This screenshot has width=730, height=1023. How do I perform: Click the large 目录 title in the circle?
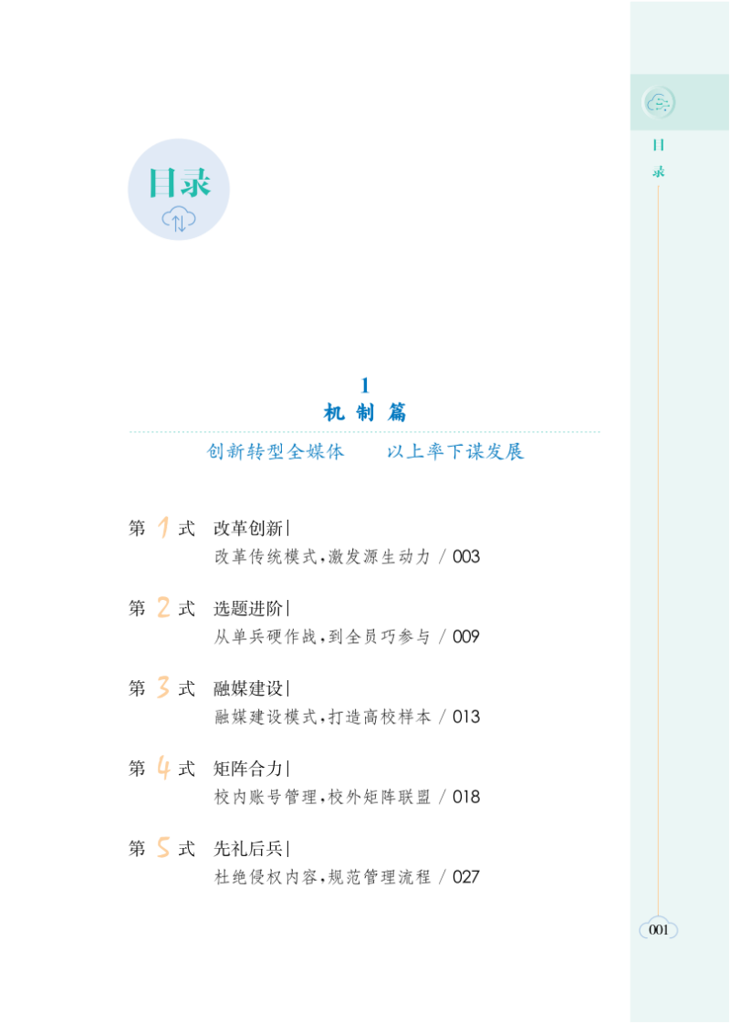[x=179, y=182]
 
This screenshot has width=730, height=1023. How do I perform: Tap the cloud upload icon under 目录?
[x=179, y=219]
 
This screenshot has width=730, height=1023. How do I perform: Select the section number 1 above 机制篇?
[x=365, y=386]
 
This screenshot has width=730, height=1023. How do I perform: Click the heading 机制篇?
[x=365, y=413]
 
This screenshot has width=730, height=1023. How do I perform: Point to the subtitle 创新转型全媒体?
[x=276, y=452]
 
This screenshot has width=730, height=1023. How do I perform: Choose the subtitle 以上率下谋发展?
[x=455, y=452]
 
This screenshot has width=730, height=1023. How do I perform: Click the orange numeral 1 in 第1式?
[x=163, y=528]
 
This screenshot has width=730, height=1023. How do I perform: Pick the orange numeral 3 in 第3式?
[x=163, y=688]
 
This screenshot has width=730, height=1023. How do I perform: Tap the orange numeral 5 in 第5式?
[x=163, y=849]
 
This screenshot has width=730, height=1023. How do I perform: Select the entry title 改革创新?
[x=248, y=529]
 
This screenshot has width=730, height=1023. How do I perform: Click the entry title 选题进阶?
[x=248, y=609]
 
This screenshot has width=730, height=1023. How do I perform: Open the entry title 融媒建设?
[x=248, y=689]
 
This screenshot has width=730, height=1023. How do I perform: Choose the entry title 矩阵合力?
[x=248, y=770]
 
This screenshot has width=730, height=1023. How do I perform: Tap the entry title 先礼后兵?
[x=248, y=850]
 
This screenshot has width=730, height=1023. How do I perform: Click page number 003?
[x=465, y=557]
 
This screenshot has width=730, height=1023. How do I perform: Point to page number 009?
[x=465, y=637]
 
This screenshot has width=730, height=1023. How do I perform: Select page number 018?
[x=465, y=798]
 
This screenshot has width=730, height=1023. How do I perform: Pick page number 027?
[x=465, y=878]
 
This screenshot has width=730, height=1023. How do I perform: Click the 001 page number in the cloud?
[x=659, y=930]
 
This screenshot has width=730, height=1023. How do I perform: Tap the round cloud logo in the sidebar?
[x=658, y=103]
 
